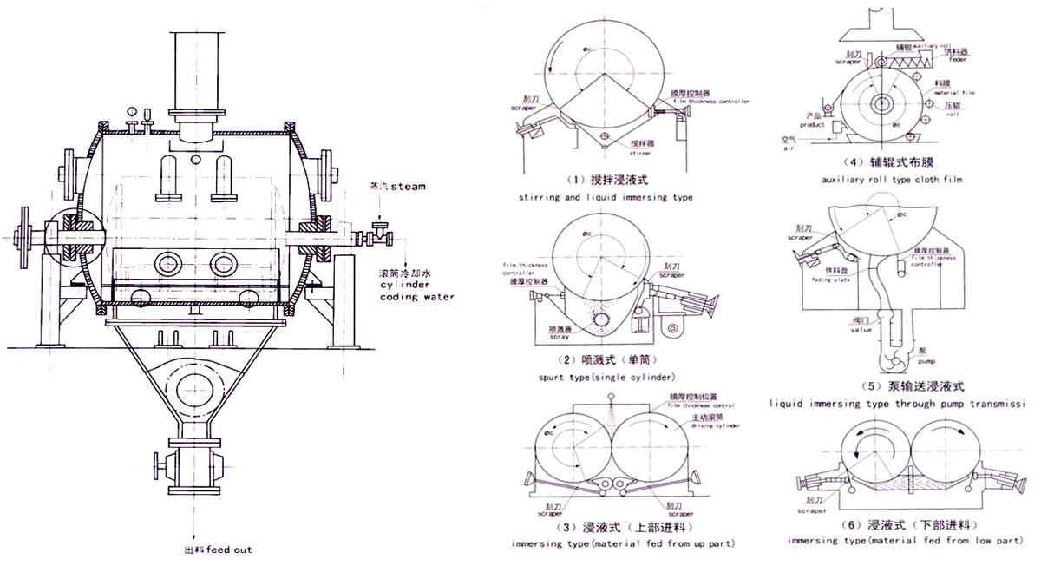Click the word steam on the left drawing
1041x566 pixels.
tap(409, 186)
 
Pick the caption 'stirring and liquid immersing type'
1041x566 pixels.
tap(605, 197)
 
